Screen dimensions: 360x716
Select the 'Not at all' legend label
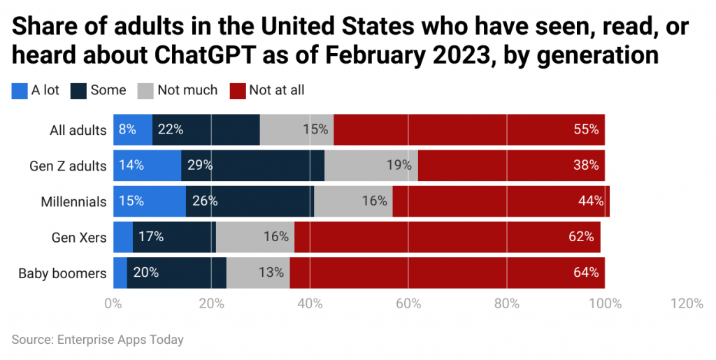[x=278, y=90]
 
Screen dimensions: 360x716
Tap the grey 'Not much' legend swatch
[x=145, y=90]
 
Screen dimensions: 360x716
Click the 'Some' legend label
[x=108, y=90]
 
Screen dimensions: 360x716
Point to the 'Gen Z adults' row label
[x=68, y=166]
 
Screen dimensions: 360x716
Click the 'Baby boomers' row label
[x=62, y=273]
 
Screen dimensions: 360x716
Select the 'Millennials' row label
[x=73, y=201]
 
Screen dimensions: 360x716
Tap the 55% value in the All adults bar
[x=586, y=129]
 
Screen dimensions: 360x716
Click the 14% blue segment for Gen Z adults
[x=147, y=166]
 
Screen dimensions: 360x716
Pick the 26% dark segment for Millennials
[x=250, y=201]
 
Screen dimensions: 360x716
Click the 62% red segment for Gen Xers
[x=447, y=237]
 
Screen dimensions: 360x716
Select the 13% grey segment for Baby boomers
[x=258, y=273]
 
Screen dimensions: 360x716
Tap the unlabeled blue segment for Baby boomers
[x=120, y=273]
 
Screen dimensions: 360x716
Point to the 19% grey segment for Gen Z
[x=371, y=166]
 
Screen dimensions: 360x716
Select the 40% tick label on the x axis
[x=310, y=304]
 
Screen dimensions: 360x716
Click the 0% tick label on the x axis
[x=113, y=304]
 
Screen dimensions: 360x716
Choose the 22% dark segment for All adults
[x=206, y=129]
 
